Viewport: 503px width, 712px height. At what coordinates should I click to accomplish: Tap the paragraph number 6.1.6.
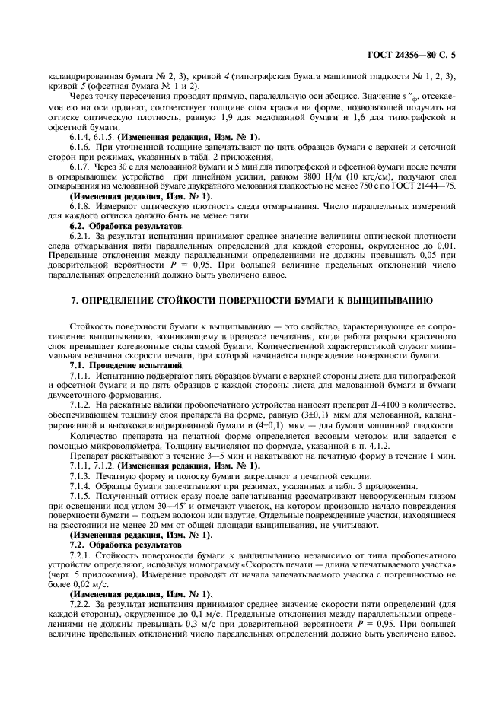(x=81, y=145)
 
